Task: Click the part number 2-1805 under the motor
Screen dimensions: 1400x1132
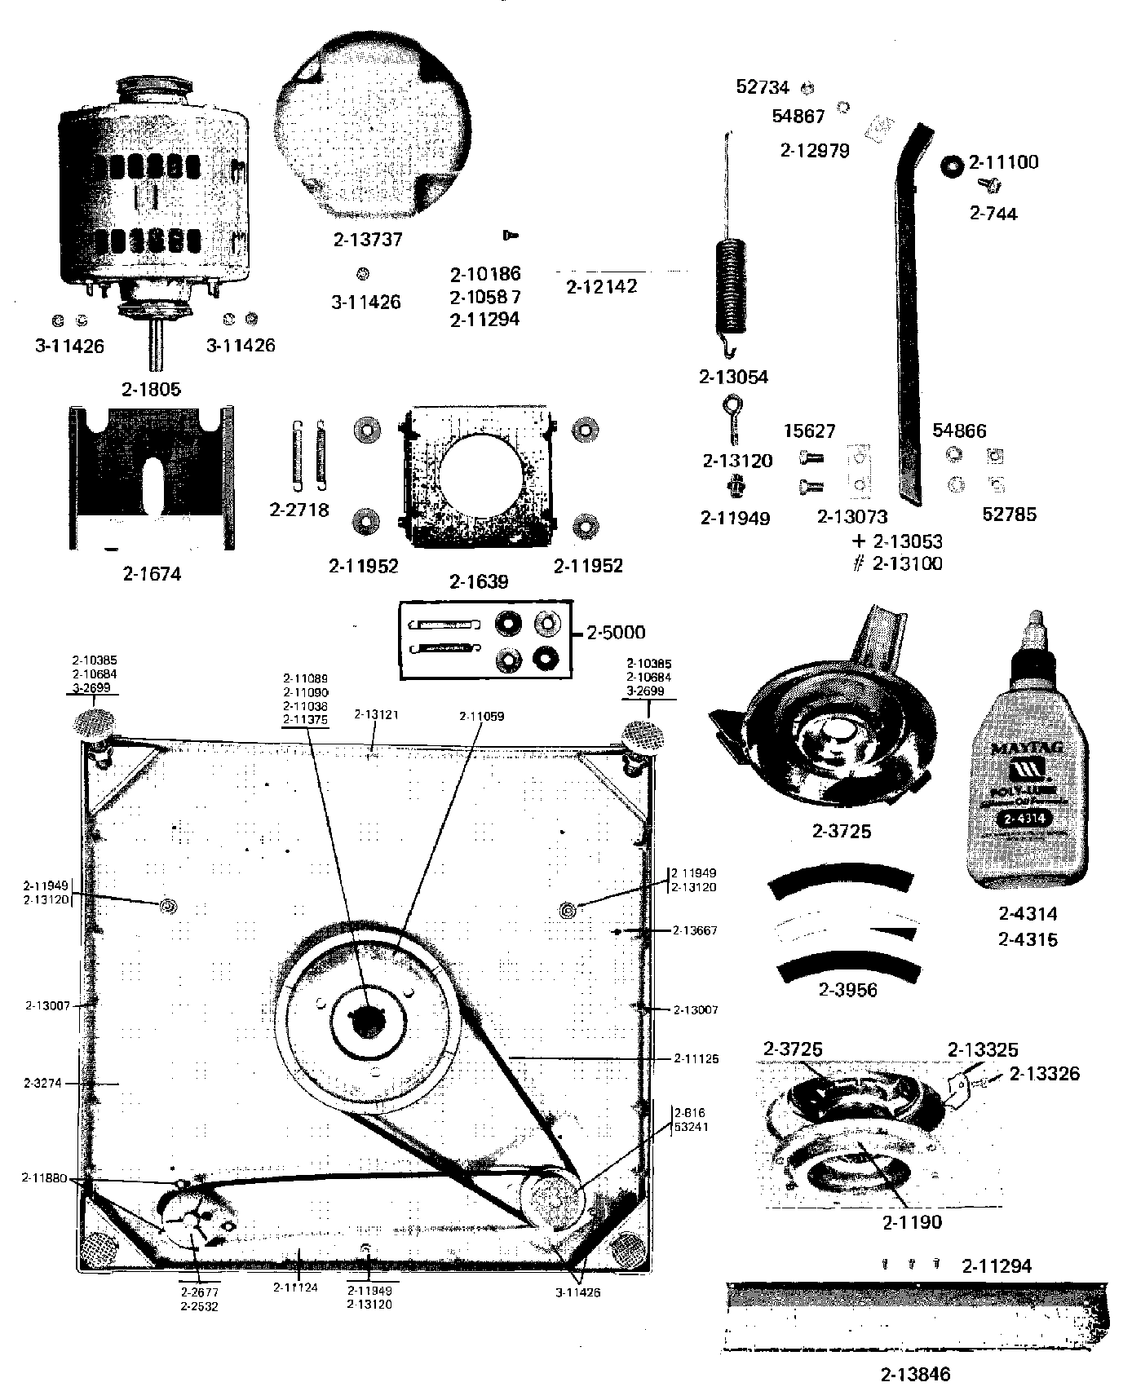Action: coord(151,389)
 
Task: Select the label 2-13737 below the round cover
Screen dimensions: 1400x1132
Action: coord(368,240)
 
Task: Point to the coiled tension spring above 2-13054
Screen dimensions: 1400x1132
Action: coord(732,285)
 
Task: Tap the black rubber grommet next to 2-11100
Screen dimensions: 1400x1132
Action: coord(950,166)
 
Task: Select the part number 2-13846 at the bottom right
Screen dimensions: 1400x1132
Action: coord(915,1374)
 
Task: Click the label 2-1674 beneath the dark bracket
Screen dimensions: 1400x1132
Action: coord(152,574)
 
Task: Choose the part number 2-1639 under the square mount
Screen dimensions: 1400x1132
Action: coord(479,581)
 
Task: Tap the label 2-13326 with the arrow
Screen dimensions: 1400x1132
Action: coord(1044,1074)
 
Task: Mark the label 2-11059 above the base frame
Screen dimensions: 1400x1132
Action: coord(481,716)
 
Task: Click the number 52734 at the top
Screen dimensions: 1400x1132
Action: coord(763,86)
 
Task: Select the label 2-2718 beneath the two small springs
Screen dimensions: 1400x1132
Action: coord(299,510)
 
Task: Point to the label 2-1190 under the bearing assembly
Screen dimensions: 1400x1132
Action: coord(912,1221)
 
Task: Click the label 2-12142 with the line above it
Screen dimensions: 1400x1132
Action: coord(602,286)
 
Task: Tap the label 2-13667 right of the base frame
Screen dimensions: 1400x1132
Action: coord(696,930)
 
